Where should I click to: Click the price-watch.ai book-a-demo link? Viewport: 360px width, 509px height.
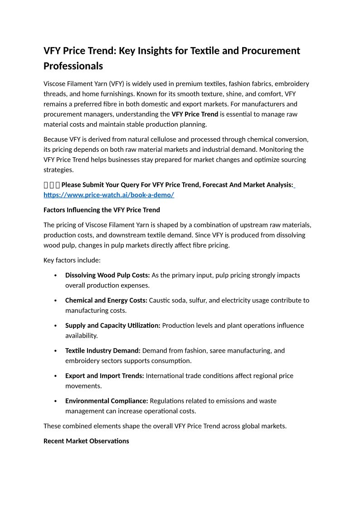(109, 195)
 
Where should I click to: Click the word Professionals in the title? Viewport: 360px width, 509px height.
(73, 66)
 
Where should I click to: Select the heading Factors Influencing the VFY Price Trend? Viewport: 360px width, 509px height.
(102, 210)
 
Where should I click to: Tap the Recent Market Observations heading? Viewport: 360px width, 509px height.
(86, 441)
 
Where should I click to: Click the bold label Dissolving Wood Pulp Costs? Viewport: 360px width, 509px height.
(107, 275)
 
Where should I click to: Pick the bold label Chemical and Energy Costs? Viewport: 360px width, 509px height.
(106, 300)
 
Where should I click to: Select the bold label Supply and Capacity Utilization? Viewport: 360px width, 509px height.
(112, 325)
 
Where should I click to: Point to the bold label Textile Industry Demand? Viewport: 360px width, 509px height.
(103, 350)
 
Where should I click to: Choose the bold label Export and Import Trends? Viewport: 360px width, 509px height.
(105, 376)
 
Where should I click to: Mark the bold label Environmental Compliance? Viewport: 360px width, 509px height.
(107, 401)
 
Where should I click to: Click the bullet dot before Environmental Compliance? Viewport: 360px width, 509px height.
(55, 401)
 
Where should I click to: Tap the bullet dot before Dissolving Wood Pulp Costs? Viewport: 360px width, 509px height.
(55, 276)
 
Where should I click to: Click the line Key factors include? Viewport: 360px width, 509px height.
(72, 260)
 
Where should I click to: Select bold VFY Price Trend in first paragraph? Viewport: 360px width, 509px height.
(195, 114)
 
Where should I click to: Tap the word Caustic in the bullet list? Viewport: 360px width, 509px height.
(161, 300)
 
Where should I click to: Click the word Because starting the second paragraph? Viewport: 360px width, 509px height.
(57, 139)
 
